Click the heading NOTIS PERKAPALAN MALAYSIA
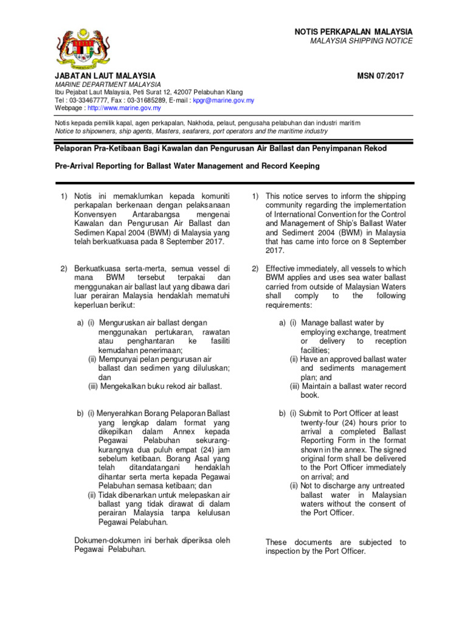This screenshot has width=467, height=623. pyautogui.click(x=353, y=31)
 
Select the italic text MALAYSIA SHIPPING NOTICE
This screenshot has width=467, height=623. pyautogui.click(x=361, y=41)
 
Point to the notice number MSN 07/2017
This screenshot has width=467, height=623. pyautogui.click(x=382, y=75)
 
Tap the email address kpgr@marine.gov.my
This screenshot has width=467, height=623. pyautogui.click(x=223, y=100)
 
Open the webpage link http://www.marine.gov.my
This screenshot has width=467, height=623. pyautogui.click(x=124, y=108)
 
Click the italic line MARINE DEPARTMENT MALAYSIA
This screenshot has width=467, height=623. pyautogui.click(x=108, y=84)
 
